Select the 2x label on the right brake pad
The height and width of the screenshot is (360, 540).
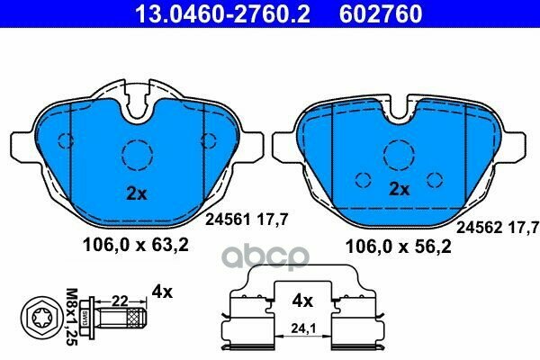tap(400, 189)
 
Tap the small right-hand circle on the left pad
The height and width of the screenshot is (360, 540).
tap(209, 139)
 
